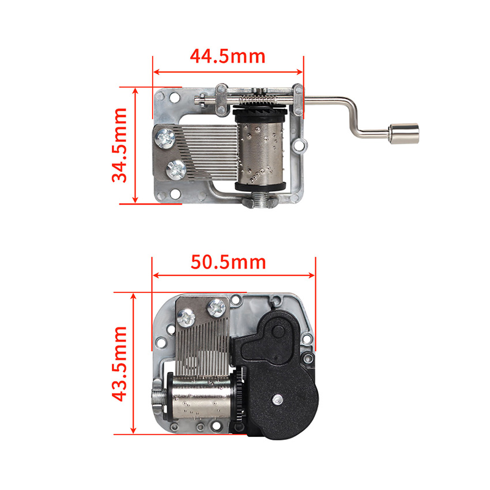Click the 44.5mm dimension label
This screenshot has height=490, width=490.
click(x=228, y=56)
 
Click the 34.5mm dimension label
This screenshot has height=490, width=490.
click(x=119, y=145)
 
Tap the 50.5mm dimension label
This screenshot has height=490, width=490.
click(x=228, y=262)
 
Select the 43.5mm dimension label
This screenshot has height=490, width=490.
click(x=119, y=363)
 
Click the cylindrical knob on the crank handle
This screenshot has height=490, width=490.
click(x=404, y=133)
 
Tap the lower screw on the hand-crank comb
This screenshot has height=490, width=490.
click(x=176, y=169)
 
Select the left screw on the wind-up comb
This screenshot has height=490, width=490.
click(x=186, y=317)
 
